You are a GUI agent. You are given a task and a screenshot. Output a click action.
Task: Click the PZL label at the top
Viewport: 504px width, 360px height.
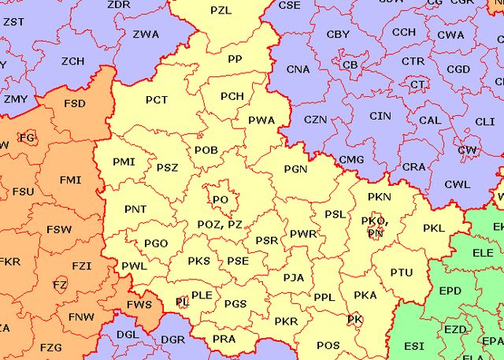pos(221,11)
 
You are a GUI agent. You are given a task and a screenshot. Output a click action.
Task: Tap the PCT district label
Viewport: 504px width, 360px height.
pos(157,100)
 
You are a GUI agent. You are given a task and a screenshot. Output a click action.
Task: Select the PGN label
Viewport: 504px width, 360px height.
pos(295,169)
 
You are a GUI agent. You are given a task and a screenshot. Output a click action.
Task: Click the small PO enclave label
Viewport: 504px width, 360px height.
pos(220,200)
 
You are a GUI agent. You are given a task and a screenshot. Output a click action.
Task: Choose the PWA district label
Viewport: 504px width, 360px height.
pos(261,121)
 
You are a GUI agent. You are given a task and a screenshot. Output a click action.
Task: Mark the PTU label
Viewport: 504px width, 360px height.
pos(401,273)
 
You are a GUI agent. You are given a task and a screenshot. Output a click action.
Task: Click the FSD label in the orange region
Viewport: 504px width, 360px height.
pos(75,103)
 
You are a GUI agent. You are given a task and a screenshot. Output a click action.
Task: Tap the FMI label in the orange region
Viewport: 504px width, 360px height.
pos(70,180)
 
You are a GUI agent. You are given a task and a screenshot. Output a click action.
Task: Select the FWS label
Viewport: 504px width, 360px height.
pos(139,304)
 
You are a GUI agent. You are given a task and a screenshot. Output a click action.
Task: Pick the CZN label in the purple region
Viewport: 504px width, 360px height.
pos(316,120)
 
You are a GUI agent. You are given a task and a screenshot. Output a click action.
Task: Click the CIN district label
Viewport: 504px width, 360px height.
pos(380,116)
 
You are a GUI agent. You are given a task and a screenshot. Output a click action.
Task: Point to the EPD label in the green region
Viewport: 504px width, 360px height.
pos(450,291)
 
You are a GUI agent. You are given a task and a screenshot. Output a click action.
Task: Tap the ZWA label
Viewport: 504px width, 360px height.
pos(145,34)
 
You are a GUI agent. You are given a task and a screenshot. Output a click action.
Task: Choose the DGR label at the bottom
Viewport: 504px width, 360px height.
pos(172,340)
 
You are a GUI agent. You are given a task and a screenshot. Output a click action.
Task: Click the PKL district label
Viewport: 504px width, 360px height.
pos(434,228)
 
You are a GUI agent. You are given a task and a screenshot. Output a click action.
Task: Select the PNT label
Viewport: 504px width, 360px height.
pos(135,209)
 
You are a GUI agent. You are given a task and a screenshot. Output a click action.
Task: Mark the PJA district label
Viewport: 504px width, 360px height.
pos(293,277)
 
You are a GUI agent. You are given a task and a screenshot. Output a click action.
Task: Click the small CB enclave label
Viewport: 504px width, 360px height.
pos(350,65)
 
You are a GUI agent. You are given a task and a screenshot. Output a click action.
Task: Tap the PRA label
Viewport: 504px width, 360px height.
pos(224,339)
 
